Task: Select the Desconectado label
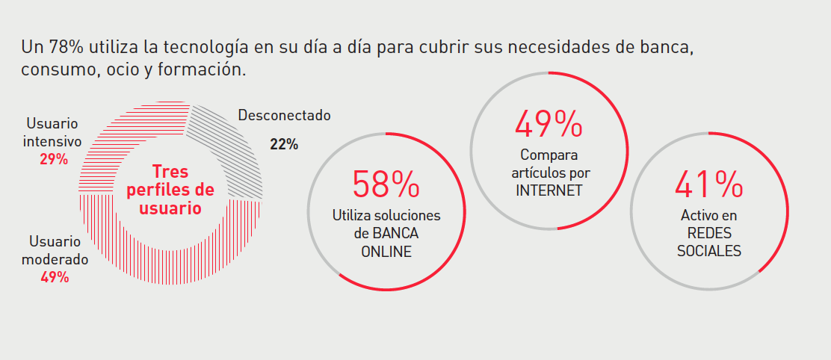[284, 116]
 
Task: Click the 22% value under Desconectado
[284, 144]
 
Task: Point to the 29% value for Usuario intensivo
[54, 159]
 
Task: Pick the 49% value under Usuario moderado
[55, 277]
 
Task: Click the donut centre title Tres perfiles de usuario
[170, 190]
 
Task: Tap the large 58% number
[386, 184]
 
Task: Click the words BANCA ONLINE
[386, 242]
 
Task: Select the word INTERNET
[549, 190]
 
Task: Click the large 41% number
[709, 184]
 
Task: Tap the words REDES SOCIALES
[709, 241]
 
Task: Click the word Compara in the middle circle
[549, 155]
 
